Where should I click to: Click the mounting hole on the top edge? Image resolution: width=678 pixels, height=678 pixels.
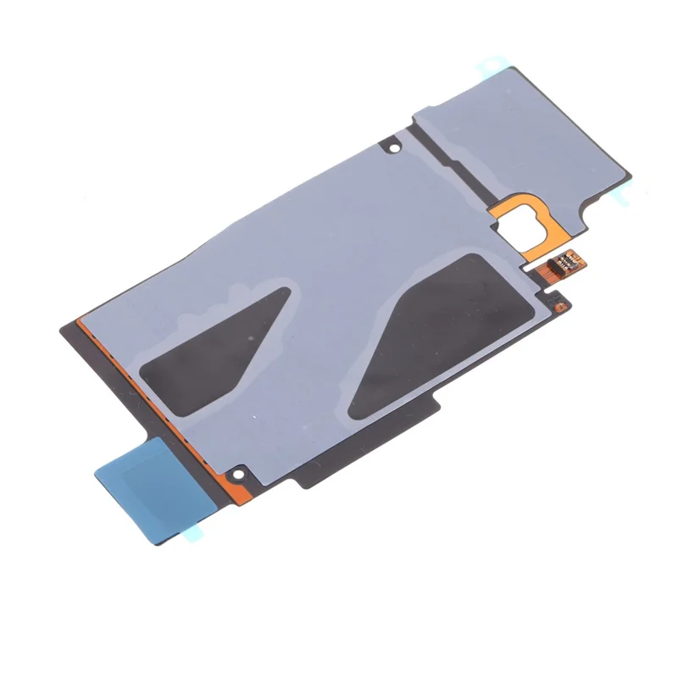392,147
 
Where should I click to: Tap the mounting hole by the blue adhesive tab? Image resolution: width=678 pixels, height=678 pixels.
239,470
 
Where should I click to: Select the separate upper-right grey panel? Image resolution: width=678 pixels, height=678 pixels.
525,144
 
